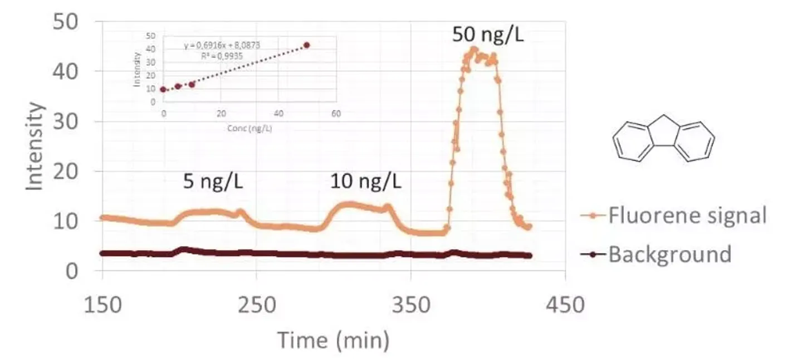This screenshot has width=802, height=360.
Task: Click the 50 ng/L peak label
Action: tap(488, 35)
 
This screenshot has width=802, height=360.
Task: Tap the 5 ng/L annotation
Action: tap(213, 182)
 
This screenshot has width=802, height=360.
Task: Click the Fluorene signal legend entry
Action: tap(687, 215)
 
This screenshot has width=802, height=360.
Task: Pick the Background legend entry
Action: tap(669, 255)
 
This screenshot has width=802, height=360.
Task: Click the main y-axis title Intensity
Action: tap(35, 146)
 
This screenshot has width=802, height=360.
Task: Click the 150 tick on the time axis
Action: tap(102, 306)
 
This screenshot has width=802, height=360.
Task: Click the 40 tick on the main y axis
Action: tap(66, 72)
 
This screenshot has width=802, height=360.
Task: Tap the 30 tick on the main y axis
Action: tap(66, 121)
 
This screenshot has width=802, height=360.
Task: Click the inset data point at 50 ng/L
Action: tap(306, 45)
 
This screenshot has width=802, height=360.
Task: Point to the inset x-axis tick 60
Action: tap(335, 114)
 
